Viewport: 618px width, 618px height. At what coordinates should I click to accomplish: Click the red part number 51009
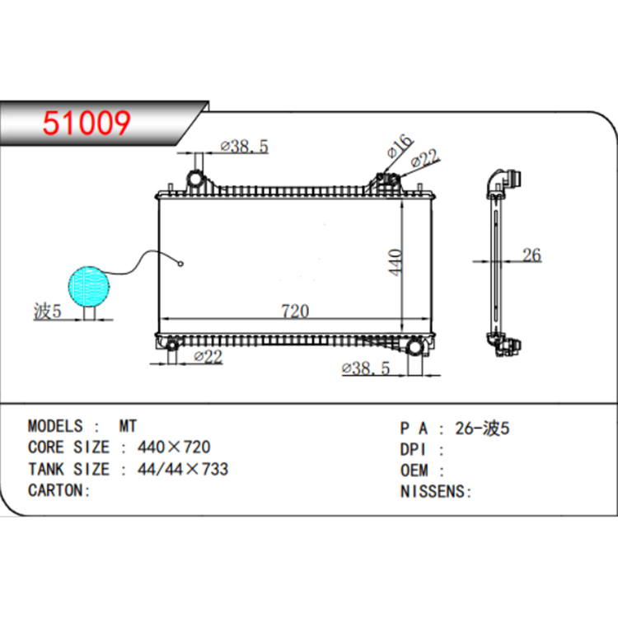point(87,123)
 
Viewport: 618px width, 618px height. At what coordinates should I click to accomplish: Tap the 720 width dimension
point(295,311)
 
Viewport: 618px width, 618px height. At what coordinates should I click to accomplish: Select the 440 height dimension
point(396,262)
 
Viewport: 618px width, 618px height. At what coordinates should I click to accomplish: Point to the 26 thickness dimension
point(531,255)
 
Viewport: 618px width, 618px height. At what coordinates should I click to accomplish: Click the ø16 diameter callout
point(400,146)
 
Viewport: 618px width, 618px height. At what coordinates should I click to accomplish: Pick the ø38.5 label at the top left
point(245,146)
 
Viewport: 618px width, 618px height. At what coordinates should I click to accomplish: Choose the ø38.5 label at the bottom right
point(366,368)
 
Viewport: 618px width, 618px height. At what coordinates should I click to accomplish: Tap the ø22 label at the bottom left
point(208,357)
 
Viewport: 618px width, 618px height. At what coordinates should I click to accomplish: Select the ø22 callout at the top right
point(424,158)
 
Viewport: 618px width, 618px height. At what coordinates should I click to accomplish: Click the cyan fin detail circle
point(89,287)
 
